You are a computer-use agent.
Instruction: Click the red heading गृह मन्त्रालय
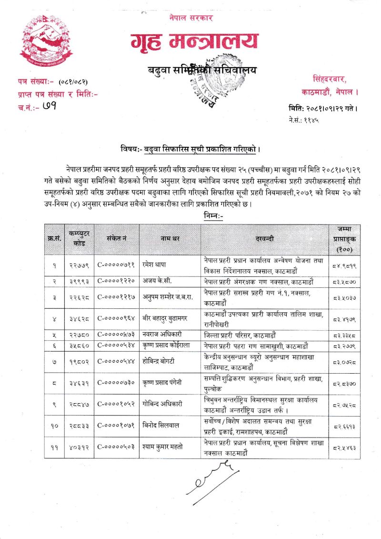tap(195, 41)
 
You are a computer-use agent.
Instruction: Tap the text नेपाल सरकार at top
tap(191, 18)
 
